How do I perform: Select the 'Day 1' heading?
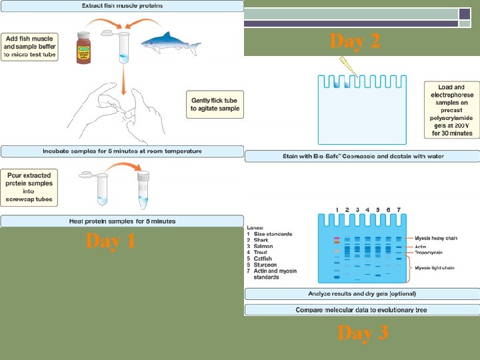(111, 241)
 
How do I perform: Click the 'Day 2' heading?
(355, 41)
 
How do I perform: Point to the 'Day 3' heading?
(363, 332)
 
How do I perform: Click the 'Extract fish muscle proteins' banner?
(122, 6)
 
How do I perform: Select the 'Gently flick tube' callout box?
(215, 105)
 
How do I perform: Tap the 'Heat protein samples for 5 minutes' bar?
(122, 221)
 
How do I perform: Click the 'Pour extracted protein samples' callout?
(29, 187)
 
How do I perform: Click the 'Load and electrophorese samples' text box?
(451, 110)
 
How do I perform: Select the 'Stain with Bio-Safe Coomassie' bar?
(362, 157)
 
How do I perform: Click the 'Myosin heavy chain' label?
(436, 238)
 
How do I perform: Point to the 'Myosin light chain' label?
(435, 268)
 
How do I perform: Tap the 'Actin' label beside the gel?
(421, 247)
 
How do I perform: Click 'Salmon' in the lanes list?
(263, 247)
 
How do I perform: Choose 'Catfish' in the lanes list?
(263, 259)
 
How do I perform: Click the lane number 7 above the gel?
(399, 211)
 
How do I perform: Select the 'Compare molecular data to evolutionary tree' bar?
(362, 310)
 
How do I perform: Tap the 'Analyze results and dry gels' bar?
(362, 293)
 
